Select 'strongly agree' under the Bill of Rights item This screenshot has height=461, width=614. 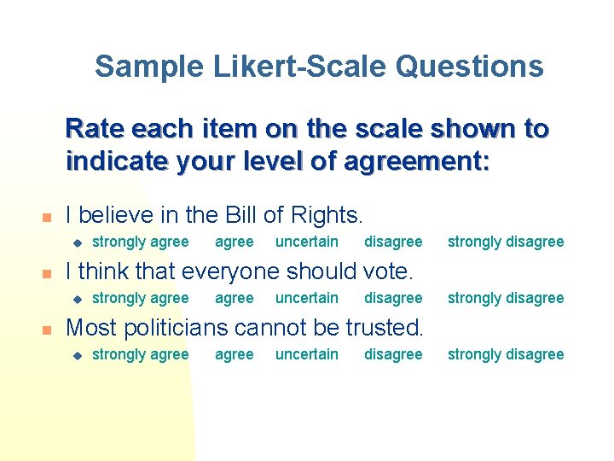140,242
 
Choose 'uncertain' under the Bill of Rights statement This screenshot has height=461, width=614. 306,242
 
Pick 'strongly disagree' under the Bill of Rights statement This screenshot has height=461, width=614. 506,242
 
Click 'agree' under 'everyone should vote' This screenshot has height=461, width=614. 234,298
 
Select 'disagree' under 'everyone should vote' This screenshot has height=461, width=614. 393,298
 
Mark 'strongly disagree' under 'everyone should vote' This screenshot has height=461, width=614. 506,298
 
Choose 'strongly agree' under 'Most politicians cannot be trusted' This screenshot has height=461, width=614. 140,354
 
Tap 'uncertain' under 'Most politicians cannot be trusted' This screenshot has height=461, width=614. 306,354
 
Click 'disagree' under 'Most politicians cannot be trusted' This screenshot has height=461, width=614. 393,354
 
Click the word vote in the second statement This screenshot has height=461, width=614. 387,271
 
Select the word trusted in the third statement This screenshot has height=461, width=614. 385,328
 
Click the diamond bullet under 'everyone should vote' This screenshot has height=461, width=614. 75,299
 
